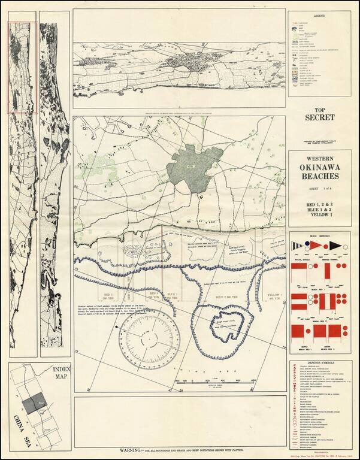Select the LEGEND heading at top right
315,15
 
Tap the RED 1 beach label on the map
108,296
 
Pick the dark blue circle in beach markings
305,243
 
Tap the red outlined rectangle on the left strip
22,67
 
